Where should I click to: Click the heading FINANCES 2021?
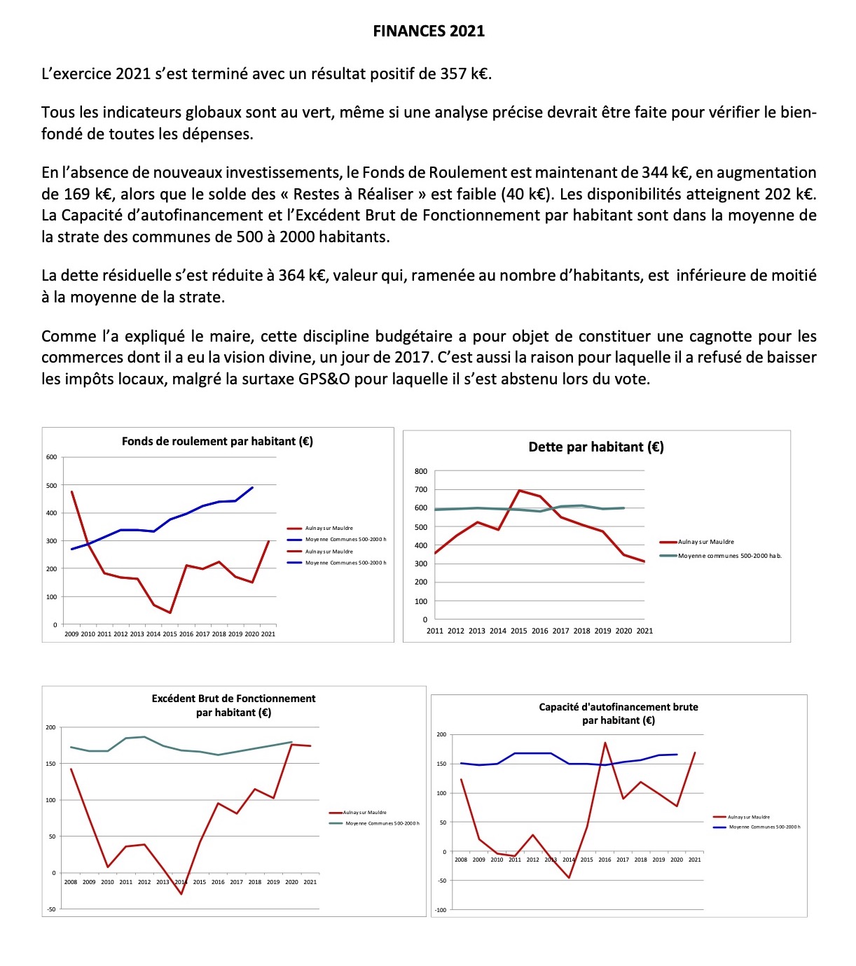(x=428, y=31)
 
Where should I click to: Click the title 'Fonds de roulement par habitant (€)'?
(x=217, y=442)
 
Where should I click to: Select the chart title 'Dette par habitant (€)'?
(x=596, y=447)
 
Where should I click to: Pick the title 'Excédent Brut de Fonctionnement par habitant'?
(x=233, y=706)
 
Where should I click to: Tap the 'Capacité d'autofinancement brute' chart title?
(x=619, y=713)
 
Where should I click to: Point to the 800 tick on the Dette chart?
(x=420, y=472)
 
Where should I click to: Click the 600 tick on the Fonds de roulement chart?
(x=51, y=457)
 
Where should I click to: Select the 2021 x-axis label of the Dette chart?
(x=644, y=631)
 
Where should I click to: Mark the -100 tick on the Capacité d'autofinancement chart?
(x=440, y=910)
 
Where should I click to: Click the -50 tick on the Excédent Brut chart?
(x=50, y=909)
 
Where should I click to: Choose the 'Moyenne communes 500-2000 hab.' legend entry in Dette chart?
(x=729, y=556)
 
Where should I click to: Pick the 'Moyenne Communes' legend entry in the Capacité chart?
(x=764, y=827)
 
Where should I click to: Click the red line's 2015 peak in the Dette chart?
(x=519, y=490)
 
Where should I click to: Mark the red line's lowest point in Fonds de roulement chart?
(x=170, y=613)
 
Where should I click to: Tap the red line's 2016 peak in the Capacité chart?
(x=605, y=743)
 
